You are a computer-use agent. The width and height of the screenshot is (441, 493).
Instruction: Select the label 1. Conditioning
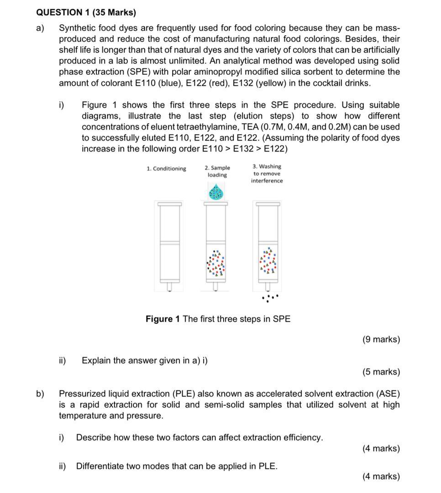pos(166,169)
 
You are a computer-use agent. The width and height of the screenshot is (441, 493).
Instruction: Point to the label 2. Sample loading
pos(217,171)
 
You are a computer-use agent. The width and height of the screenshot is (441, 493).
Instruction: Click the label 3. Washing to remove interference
pos(267,173)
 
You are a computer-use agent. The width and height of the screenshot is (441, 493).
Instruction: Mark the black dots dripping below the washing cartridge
pos(269,299)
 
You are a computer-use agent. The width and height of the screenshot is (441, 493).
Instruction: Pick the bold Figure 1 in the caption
pos(163,319)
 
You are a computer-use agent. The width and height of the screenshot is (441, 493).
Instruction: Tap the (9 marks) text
pos(381,340)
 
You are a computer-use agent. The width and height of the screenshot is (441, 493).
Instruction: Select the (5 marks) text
pos(381,372)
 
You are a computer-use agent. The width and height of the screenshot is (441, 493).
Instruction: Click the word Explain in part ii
pos(96,361)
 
